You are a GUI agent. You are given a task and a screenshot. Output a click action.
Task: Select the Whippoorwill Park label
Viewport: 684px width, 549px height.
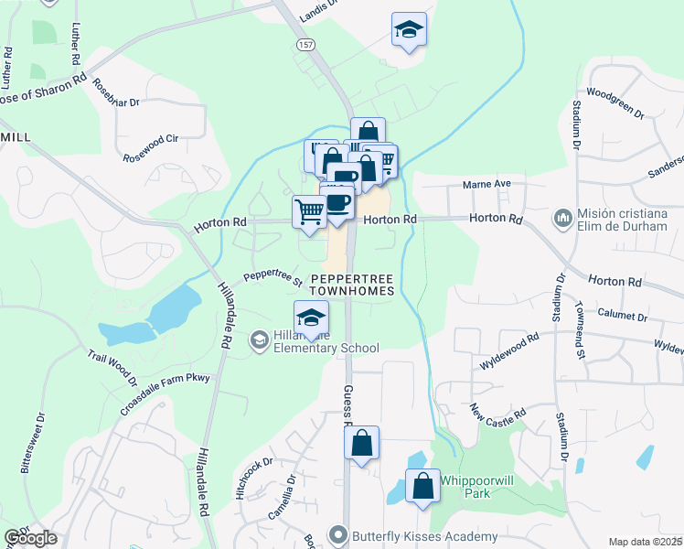477,486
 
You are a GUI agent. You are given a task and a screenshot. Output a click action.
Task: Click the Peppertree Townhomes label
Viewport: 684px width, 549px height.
352,284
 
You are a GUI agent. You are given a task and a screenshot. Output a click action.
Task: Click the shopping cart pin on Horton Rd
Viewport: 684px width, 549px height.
309,211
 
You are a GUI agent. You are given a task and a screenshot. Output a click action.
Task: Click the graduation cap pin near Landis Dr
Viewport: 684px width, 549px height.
408,29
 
